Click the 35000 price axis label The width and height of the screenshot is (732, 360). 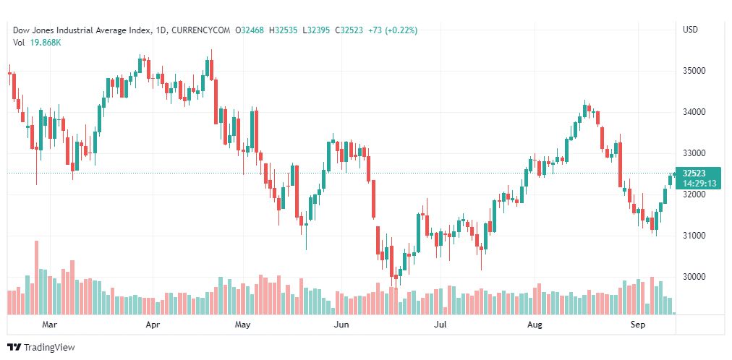click(x=694, y=71)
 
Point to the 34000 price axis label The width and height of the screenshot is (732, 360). click(x=694, y=112)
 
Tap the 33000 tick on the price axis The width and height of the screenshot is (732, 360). click(x=694, y=153)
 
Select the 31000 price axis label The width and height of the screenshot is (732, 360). click(x=694, y=236)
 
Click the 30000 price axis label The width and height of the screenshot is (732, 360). click(x=694, y=277)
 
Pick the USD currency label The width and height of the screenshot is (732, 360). click(x=690, y=30)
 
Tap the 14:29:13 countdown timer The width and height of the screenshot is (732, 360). click(x=699, y=184)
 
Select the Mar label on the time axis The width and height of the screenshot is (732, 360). click(x=49, y=325)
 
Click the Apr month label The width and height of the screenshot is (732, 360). click(x=153, y=325)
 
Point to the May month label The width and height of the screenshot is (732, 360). click(x=242, y=325)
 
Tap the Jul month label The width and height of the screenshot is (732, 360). click(x=439, y=325)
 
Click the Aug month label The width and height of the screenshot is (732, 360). click(x=535, y=325)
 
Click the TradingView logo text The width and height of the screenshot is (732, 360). click(x=49, y=348)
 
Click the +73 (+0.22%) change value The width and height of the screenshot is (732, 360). click(x=393, y=30)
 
